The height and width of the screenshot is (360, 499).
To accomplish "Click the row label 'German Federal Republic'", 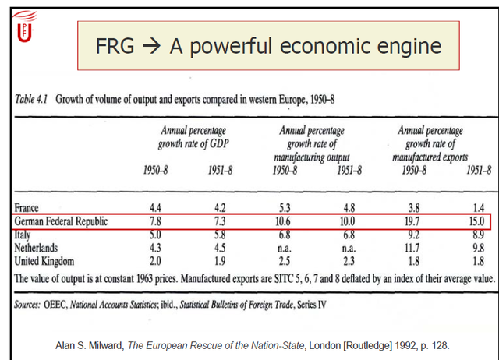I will [65, 221].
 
